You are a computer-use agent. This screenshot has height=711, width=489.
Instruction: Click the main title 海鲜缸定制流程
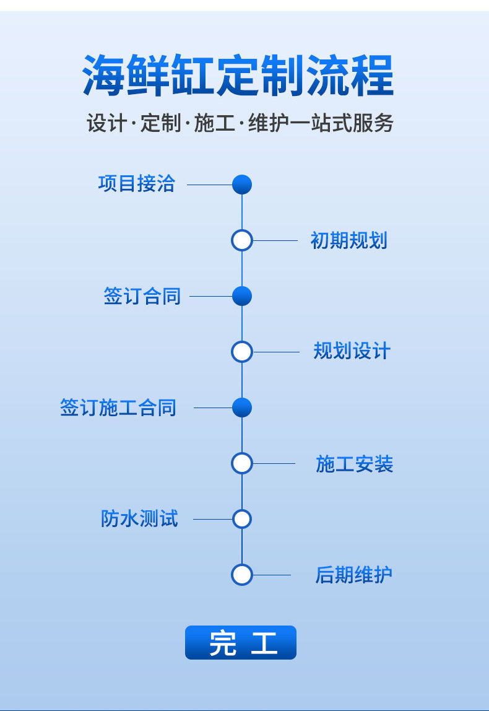point(238,76)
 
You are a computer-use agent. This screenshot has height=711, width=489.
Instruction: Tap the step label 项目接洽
point(136,184)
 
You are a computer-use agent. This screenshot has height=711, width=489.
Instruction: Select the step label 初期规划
point(348,240)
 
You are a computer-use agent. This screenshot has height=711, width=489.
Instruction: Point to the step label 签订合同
point(142,296)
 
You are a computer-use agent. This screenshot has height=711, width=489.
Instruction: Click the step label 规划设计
point(352,352)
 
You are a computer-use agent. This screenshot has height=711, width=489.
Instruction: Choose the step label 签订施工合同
point(118,408)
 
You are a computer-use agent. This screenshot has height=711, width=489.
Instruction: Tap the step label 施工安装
point(354,464)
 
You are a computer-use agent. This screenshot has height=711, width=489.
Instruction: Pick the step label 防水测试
point(139,519)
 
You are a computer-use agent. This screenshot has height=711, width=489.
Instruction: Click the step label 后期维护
point(353,575)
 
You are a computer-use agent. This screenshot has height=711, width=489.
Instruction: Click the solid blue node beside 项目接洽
point(242,185)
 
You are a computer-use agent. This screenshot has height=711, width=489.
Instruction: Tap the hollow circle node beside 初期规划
point(242,240)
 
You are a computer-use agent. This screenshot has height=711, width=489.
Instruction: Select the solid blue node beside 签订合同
point(242,296)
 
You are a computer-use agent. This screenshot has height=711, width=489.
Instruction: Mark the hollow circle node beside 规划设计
point(242,352)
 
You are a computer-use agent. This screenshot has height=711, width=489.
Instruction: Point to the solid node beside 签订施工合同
point(242,408)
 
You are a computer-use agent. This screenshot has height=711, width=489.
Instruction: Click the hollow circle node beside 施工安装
point(242,463)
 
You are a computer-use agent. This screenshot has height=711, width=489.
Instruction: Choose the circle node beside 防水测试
point(242,519)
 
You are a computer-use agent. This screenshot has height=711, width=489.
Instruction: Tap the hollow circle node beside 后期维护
point(242,575)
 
